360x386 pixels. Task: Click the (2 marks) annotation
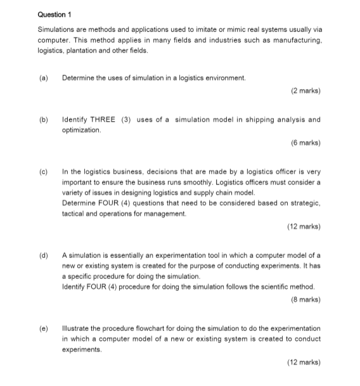[305, 91]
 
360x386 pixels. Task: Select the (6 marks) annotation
[305, 143]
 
